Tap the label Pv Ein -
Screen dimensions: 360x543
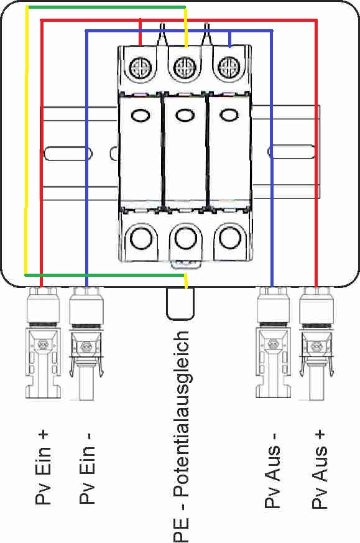click(87, 468)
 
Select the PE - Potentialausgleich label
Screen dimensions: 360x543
click(182, 437)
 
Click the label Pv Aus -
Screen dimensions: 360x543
click(272, 470)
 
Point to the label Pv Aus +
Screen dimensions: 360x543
click(319, 470)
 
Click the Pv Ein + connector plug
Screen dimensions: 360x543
click(43, 343)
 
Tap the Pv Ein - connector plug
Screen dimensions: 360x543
click(86, 343)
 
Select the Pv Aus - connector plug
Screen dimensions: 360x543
click(273, 343)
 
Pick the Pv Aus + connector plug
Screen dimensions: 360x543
click(316, 343)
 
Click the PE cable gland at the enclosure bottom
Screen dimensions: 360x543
click(180, 304)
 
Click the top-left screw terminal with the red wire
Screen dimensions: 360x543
click(141, 67)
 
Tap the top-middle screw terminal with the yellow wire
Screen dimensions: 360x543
click(183, 67)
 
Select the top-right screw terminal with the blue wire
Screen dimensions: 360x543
click(228, 66)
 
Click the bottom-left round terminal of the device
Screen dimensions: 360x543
click(142, 238)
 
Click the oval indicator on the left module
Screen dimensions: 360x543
click(141, 115)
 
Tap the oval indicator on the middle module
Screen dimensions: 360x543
click(185, 115)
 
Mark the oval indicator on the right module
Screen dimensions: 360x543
click(229, 114)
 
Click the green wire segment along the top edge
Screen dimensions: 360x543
click(106, 7)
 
